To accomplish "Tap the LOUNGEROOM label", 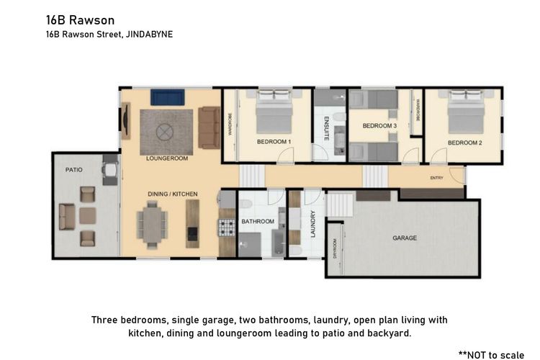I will pyautogui.click(x=166, y=158).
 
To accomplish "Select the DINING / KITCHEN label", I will pyautogui.click(x=172, y=194).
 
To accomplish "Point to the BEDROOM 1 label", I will pyautogui.click(x=274, y=142).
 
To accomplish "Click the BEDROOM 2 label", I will pyautogui.click(x=464, y=143).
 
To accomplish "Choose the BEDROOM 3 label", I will pyautogui.click(x=379, y=126).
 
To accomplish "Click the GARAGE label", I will pyautogui.click(x=404, y=238).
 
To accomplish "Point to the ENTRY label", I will pyautogui.click(x=436, y=178).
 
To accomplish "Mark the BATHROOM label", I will pyautogui.click(x=257, y=222).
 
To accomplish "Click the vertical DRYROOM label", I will pyautogui.click(x=335, y=248).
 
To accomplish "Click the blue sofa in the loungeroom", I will pyautogui.click(x=168, y=96).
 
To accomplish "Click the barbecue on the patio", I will pyautogui.click(x=110, y=172).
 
